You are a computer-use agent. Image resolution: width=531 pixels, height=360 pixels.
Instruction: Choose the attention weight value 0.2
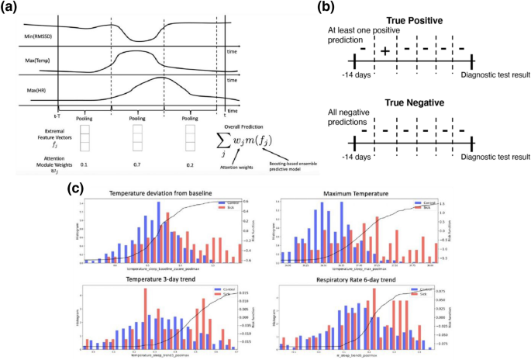[193, 165]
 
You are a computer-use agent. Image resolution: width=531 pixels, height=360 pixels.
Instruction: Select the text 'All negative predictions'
[342, 117]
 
